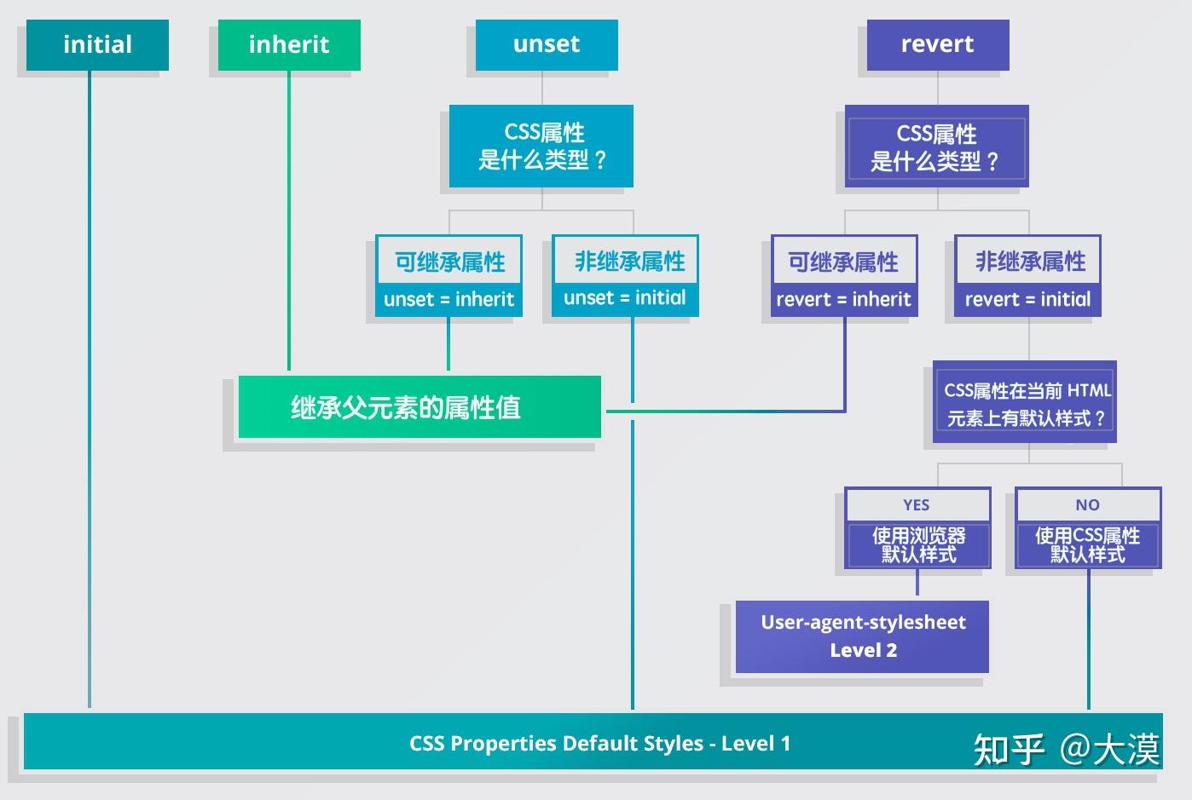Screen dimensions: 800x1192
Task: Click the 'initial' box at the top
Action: (97, 44)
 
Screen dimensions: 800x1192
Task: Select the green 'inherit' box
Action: (289, 44)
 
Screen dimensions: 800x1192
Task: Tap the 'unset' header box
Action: (547, 44)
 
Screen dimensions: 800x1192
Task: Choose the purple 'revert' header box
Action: (937, 44)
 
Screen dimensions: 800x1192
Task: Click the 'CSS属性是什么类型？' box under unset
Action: (541, 146)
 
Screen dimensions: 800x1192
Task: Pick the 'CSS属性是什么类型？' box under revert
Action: (936, 147)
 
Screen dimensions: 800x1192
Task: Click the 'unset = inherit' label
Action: (448, 300)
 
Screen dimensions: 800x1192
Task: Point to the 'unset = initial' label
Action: (625, 298)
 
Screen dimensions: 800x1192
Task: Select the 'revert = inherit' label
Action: (843, 300)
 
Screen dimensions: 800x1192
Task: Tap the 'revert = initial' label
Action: (1027, 300)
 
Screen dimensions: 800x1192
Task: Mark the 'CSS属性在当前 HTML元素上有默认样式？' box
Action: (1026, 404)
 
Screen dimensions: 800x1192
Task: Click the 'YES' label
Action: (917, 505)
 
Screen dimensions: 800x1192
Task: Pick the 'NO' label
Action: (1087, 505)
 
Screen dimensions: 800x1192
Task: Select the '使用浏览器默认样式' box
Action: (917, 545)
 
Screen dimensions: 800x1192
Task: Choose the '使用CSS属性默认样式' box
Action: (1087, 545)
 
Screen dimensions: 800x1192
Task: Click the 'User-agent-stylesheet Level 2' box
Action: (862, 636)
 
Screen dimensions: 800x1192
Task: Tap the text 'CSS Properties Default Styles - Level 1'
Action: (599, 743)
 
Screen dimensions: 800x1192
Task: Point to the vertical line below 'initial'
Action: (90, 383)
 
